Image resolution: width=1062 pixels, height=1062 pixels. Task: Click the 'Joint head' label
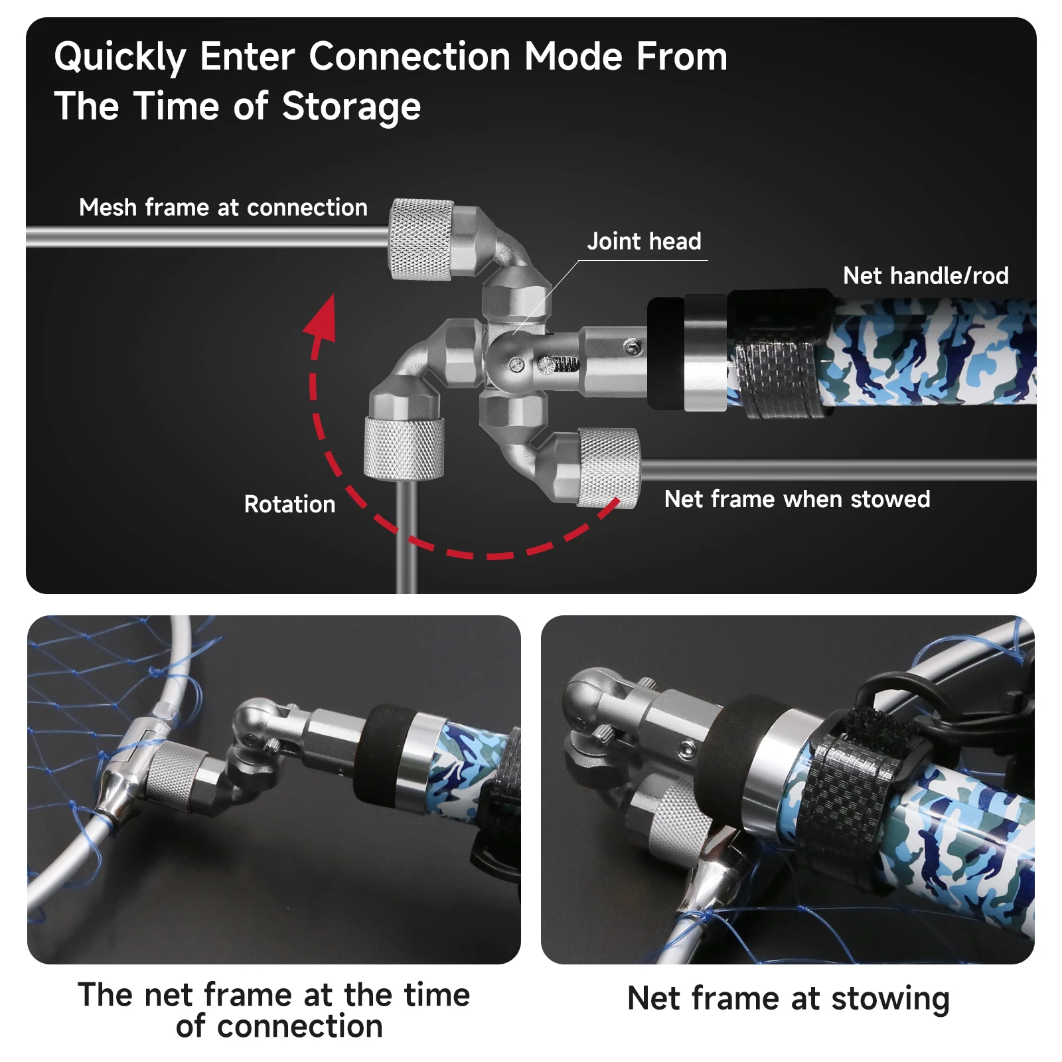[644, 241]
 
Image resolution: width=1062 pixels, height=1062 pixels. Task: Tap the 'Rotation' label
[289, 504]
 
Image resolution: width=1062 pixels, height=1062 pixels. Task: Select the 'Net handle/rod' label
[926, 275]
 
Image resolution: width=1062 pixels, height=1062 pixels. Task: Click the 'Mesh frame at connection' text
[223, 208]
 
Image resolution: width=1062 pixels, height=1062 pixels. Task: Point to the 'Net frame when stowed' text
[797, 499]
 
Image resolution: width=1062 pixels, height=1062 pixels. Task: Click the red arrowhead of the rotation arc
[321, 319]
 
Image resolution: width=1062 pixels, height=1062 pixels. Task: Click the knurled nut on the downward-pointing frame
[404, 449]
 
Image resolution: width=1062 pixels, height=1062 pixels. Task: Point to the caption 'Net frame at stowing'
[789, 999]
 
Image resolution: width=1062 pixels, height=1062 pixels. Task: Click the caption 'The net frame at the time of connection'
[273, 1010]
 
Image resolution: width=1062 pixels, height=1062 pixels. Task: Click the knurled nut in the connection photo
[174, 777]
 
